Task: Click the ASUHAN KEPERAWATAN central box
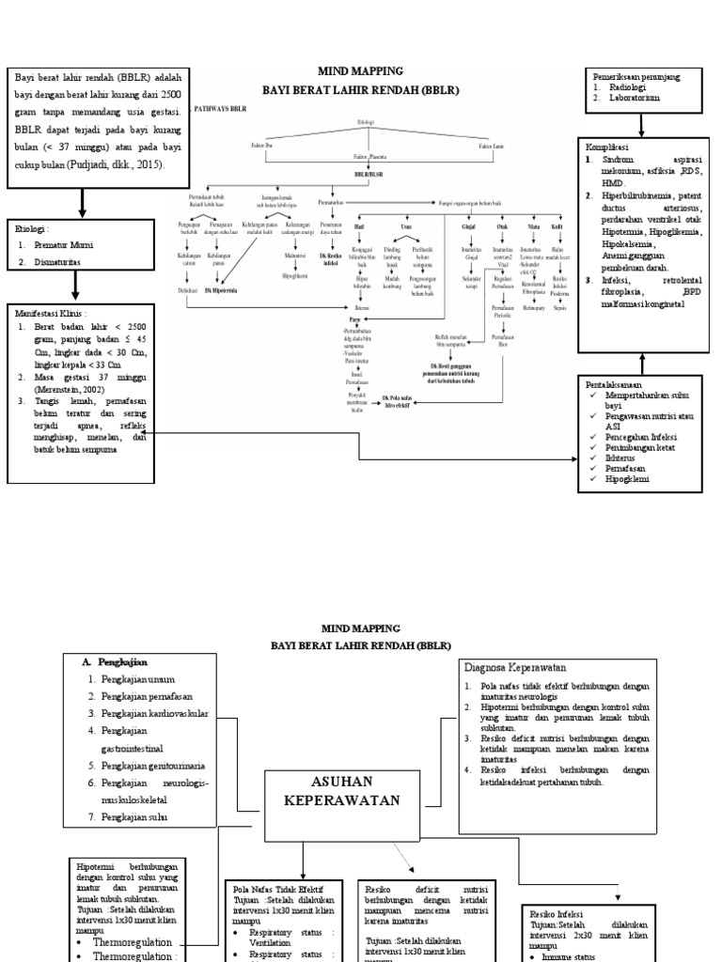(341, 791)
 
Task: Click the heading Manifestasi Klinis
(51, 312)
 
